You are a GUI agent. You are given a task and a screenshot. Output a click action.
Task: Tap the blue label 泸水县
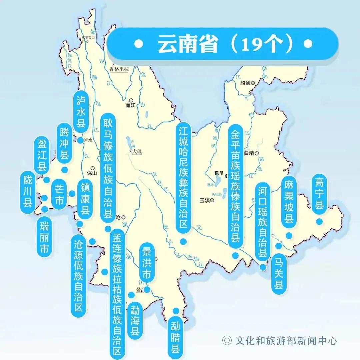(81, 112)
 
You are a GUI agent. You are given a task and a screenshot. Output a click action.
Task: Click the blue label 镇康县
(86, 198)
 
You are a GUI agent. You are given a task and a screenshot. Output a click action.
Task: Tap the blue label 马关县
(279, 273)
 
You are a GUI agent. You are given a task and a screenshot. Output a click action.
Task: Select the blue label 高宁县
(319, 194)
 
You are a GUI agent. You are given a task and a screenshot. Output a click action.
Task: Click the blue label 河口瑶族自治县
(263, 221)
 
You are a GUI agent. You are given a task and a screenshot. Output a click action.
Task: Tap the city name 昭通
(245, 83)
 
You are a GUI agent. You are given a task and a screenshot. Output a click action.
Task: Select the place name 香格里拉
(119, 69)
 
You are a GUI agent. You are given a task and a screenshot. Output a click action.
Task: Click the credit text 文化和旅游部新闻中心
(286, 340)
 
